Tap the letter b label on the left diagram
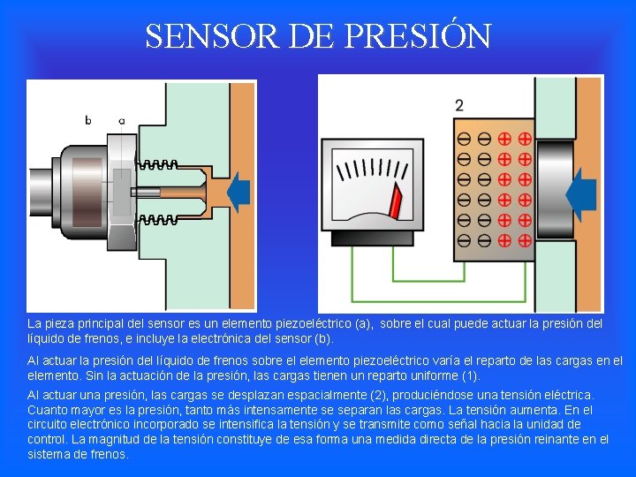pyautogui.click(x=88, y=120)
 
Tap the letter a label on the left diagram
pyautogui.click(x=121, y=120)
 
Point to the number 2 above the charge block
pyautogui.click(x=459, y=105)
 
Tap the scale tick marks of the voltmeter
pyautogui.click(x=381, y=169)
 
